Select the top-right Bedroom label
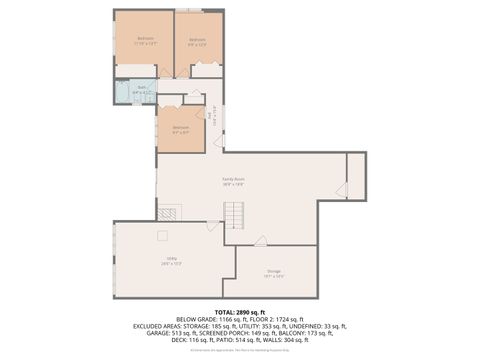pyautogui.click(x=197, y=41)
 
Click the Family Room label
pyautogui.click(x=233, y=181)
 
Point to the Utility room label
pyautogui.click(x=171, y=262)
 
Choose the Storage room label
pyautogui.click(x=274, y=271)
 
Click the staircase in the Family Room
pyautogui.click(x=234, y=215)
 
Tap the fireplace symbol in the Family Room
pyautogui.click(x=169, y=211)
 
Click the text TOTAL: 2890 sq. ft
pyautogui.click(x=239, y=313)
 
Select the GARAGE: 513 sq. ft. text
pyautogui.click(x=162, y=333)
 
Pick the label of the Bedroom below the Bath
pyautogui.click(x=180, y=128)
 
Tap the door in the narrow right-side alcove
pyautogui.click(x=342, y=187)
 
